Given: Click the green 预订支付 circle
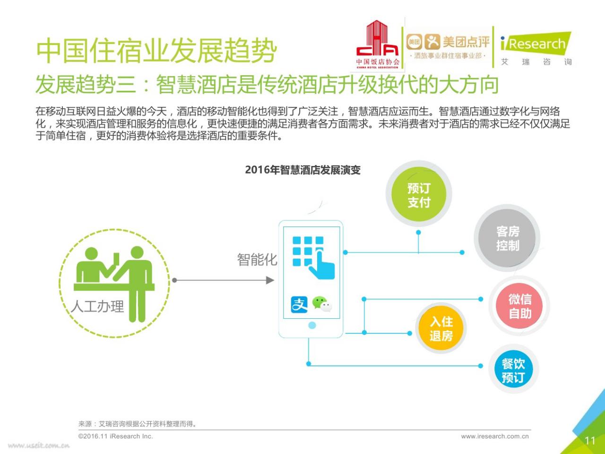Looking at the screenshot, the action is [419, 194].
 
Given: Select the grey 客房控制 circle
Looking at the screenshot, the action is [507, 238].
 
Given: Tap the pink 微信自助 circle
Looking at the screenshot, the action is [519, 306].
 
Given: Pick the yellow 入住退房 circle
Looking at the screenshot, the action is [441, 328].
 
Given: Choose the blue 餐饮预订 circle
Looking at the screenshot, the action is [513, 369].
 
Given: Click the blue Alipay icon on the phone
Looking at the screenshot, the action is [299, 305].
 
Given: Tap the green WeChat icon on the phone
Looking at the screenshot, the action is [322, 304].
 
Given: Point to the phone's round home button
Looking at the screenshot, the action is [312, 325].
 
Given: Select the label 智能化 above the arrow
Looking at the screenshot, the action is [257, 260].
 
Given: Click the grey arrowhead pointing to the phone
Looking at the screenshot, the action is [270, 280].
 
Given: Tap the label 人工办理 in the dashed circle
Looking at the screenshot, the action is [97, 306].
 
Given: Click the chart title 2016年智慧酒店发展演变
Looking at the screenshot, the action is [302, 170].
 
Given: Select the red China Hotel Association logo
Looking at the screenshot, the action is [378, 44].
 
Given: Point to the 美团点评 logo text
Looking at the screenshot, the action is [466, 42].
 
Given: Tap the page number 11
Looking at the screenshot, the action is [590, 441].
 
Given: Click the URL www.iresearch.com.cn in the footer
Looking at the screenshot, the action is [495, 437].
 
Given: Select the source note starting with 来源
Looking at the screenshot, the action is [137, 424].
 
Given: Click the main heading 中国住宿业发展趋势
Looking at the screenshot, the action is [156, 51].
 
